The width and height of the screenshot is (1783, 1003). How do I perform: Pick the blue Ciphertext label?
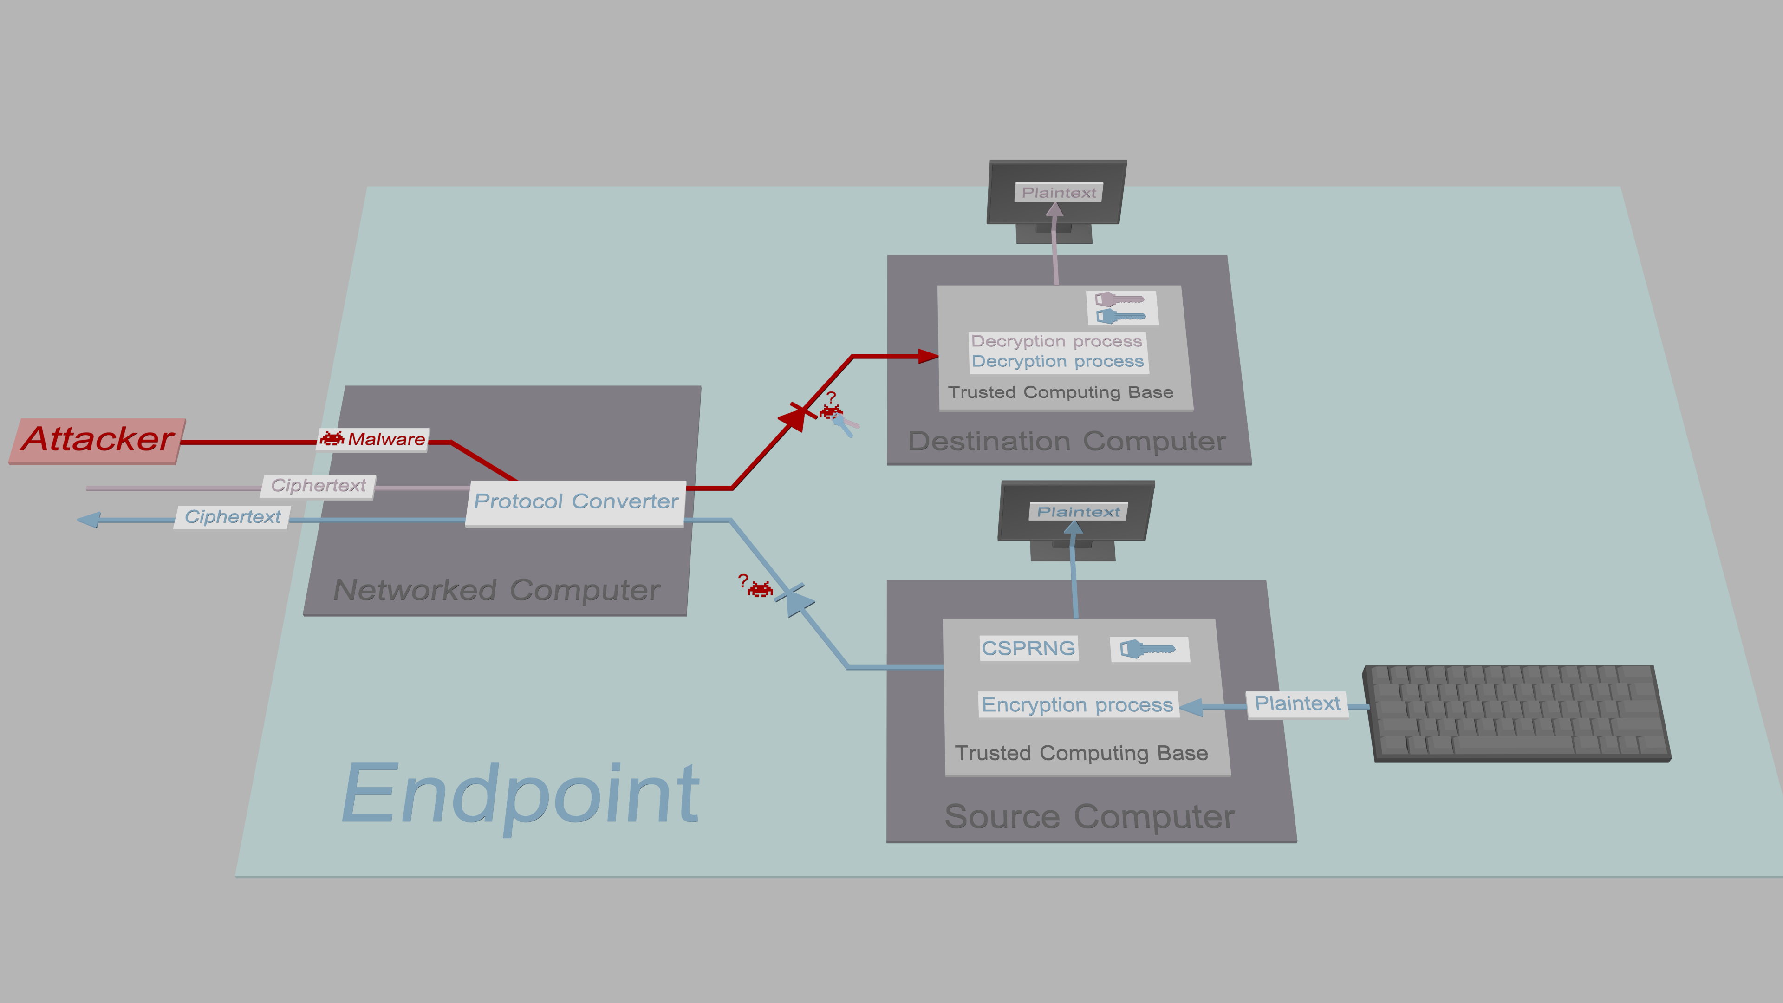point(232,517)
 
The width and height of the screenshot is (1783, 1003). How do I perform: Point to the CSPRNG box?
point(1028,649)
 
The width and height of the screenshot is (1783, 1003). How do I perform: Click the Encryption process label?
point(1078,705)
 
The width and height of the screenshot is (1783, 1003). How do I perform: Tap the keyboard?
point(1516,713)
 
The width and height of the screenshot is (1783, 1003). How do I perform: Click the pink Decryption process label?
point(1056,341)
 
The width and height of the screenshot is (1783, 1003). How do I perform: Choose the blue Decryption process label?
point(1058,361)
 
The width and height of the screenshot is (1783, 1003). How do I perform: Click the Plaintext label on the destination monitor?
point(1058,192)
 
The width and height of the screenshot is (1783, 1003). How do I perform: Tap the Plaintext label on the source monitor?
point(1078,512)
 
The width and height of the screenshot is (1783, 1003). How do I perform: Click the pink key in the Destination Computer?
point(1119,300)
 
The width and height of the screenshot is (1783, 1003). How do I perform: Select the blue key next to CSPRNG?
point(1148,649)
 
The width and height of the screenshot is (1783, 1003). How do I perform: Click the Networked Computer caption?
point(496,591)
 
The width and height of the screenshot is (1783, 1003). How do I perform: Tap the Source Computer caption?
point(1089,817)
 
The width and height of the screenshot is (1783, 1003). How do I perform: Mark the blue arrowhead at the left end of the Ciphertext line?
point(89,520)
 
